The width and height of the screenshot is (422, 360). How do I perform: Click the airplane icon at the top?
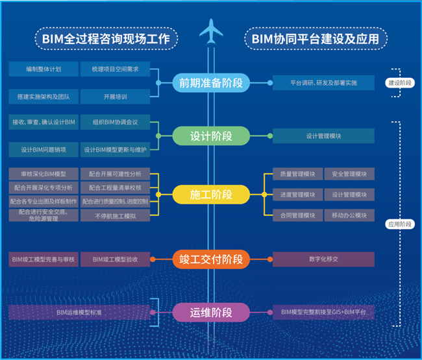tap(211, 31)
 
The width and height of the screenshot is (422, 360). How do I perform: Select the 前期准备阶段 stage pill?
tap(211, 83)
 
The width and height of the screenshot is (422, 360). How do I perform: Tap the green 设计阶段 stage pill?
tap(211, 136)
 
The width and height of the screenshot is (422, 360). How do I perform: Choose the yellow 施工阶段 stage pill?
tap(211, 193)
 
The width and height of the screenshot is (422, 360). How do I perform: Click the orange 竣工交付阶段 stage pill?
tap(211, 259)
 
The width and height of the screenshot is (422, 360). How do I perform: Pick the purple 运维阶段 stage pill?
tap(211, 313)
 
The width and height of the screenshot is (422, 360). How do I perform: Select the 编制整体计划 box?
tap(44, 69)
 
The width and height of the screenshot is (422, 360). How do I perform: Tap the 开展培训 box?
tap(116, 97)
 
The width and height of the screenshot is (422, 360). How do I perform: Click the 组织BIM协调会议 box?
tap(116, 122)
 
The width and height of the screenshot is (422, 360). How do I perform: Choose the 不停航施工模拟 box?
tap(116, 215)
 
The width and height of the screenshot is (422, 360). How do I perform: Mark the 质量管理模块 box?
tap(297, 174)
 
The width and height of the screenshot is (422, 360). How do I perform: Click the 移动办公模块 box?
tap(350, 215)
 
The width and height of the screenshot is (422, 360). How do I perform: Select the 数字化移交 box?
tap(323, 259)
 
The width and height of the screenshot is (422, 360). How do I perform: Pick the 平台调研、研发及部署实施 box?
tap(323, 83)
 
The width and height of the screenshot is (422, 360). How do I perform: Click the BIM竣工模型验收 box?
tap(116, 259)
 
